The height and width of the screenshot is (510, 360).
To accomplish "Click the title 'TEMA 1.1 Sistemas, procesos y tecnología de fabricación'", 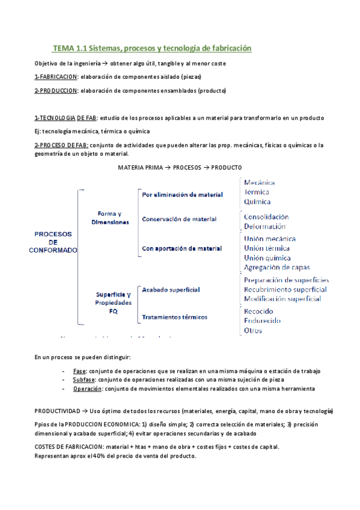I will (x=151, y=48).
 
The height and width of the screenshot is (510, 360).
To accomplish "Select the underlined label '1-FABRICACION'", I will (x=56, y=77).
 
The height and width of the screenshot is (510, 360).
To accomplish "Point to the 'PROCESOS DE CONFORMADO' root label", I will (x=53, y=242).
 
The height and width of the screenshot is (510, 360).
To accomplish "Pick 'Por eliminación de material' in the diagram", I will (x=182, y=195).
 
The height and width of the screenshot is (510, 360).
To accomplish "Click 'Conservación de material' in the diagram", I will (x=179, y=219).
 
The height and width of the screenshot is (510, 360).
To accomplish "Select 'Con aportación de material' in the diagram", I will (x=182, y=248).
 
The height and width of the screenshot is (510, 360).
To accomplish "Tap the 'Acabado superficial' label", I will (x=171, y=290).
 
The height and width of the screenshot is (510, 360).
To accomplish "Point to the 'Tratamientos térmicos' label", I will (x=174, y=317).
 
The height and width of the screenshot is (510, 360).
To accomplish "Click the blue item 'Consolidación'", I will (x=266, y=217).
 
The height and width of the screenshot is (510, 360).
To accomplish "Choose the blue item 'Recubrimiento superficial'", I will (x=285, y=290).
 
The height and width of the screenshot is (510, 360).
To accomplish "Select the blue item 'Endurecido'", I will (x=262, y=321).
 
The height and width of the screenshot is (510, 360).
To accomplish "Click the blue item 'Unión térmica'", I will (x=266, y=248).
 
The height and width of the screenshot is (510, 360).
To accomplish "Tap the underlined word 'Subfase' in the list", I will (x=84, y=380).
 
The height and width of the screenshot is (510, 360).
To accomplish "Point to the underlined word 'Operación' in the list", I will (x=87, y=389).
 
